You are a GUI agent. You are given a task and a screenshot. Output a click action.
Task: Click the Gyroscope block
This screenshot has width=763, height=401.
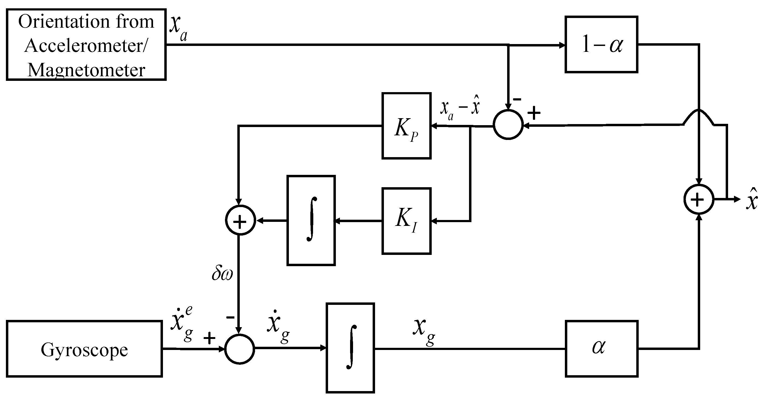pos(84,349)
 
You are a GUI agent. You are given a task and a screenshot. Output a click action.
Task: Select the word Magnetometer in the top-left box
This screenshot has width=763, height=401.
pos(86,70)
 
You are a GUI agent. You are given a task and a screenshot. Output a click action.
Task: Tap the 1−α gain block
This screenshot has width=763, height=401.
pos(601,45)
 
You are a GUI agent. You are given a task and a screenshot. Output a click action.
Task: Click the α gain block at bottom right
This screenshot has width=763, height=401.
pos(602,349)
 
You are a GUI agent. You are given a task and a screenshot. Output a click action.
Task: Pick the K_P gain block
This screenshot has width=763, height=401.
pos(406,126)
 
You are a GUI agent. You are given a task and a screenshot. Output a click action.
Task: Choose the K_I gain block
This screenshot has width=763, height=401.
pos(406,221)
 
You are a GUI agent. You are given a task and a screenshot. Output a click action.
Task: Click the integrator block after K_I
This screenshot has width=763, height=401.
pos(311,220)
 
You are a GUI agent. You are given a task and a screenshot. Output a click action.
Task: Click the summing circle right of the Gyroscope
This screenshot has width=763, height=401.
pos(240,349)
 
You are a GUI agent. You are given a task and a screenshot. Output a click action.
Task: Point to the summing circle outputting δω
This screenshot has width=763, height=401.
pos(240,220)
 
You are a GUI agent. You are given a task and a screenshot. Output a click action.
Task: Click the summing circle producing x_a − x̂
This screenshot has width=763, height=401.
pos(508,124)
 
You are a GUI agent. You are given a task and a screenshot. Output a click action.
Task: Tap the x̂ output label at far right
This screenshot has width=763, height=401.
pos(751,199)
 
